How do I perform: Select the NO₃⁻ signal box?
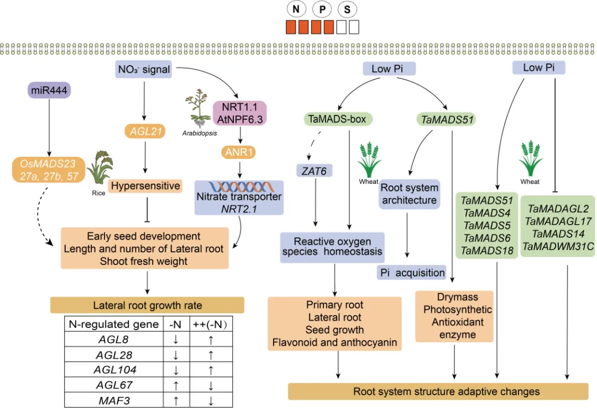pos(143,70)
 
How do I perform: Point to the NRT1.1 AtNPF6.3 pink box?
pos(239,113)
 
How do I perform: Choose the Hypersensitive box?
pos(145,186)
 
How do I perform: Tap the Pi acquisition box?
pos(412,272)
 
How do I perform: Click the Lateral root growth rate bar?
pos(147,305)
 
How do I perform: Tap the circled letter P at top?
pos(322,9)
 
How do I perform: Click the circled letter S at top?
pos(347,9)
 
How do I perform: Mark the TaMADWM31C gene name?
pos(558,246)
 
